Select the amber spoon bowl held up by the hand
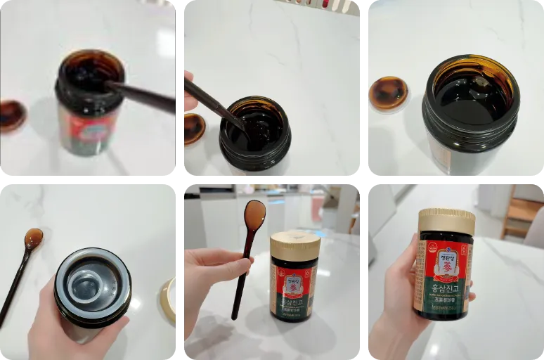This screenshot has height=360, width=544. pos(254,214)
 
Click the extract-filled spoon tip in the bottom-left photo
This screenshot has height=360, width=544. pos(32,239)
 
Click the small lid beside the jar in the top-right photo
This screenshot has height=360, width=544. pos(389,94)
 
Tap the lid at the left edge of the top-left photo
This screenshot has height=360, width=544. pos(12,115)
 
